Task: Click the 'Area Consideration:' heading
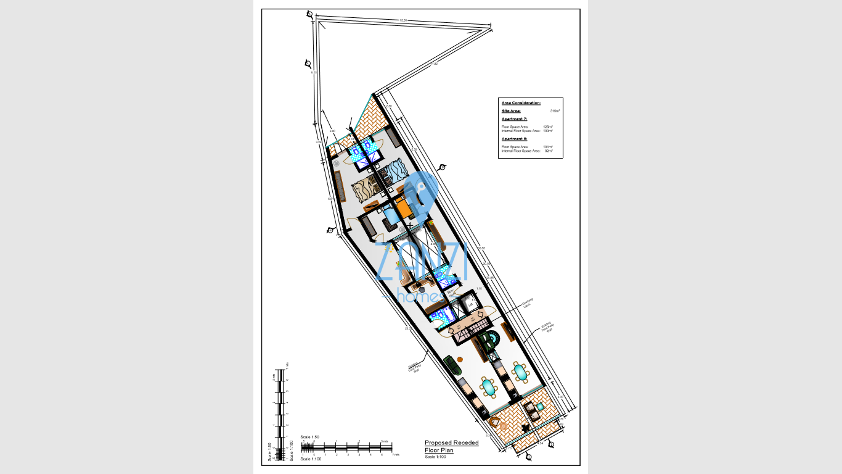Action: click(x=521, y=103)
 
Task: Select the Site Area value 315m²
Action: click(x=555, y=111)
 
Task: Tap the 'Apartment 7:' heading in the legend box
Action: click(x=514, y=118)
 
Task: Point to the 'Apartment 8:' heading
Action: click(x=514, y=139)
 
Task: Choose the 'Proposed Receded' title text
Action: click(x=451, y=443)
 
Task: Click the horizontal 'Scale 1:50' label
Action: click(x=309, y=437)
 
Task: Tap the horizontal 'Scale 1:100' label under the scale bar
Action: click(x=311, y=459)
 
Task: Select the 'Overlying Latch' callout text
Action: click(x=528, y=303)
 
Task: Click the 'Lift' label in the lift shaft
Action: click(x=470, y=304)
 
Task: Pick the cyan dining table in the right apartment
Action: click(x=520, y=372)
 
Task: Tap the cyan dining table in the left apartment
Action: click(x=489, y=388)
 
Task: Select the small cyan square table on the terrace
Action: click(x=540, y=407)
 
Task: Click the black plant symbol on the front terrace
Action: click(x=525, y=427)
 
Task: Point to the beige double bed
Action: click(x=364, y=192)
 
